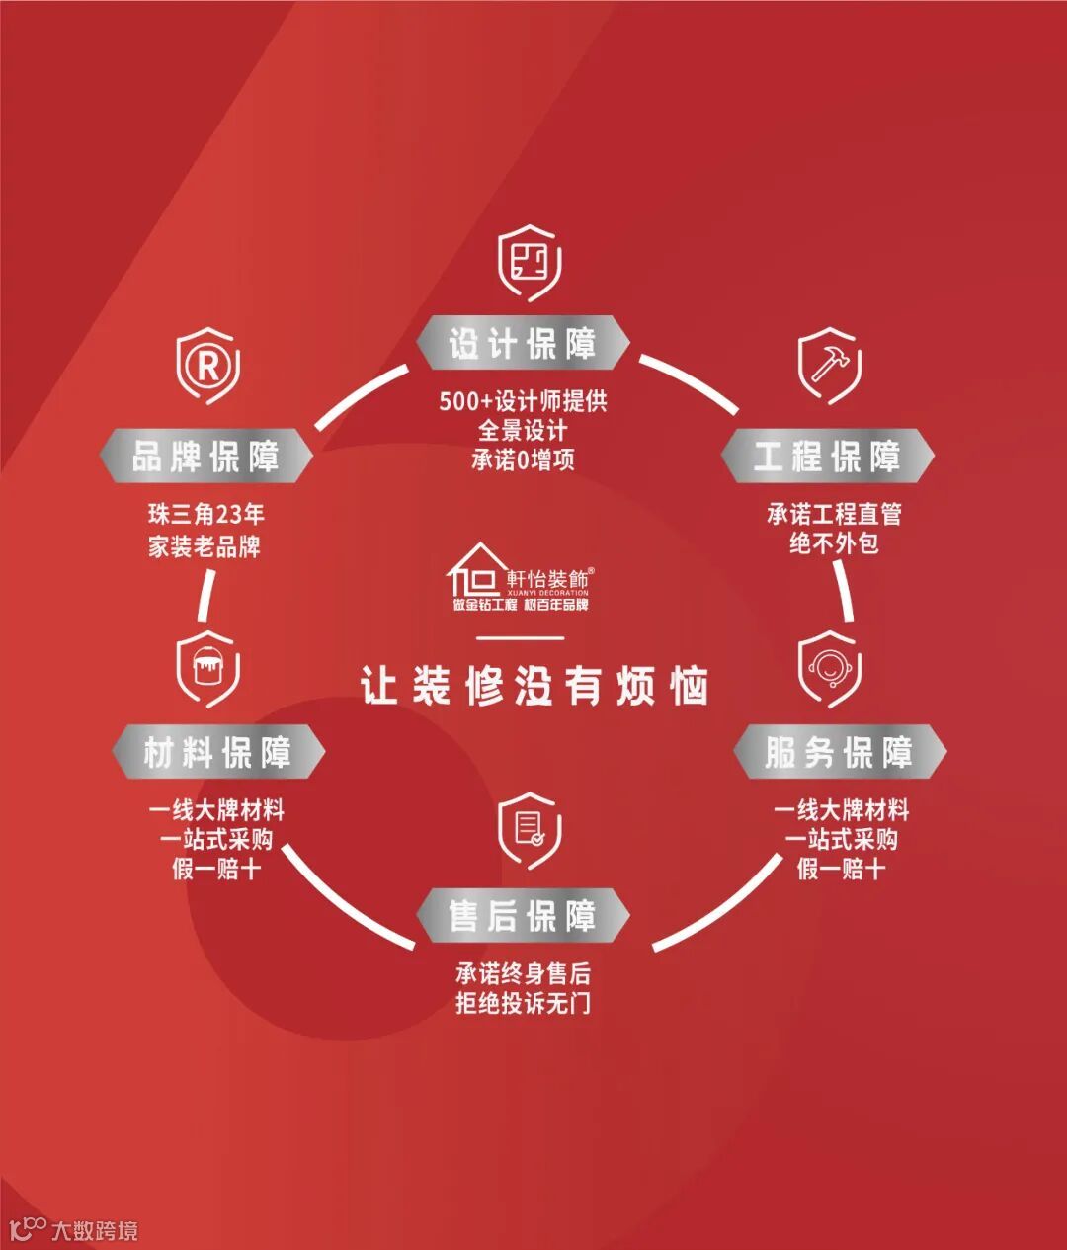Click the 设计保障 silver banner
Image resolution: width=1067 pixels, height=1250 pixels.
(523, 344)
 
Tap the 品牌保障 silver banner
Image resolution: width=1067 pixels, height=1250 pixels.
(205, 457)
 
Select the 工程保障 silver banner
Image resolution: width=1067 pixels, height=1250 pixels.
(827, 457)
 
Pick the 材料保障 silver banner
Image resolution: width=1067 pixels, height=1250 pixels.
(217, 753)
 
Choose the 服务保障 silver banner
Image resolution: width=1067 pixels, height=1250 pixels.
(839, 753)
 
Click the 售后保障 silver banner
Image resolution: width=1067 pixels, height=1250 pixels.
(523, 916)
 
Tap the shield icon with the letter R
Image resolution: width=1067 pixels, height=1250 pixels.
(207, 368)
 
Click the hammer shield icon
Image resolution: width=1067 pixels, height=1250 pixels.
(828, 366)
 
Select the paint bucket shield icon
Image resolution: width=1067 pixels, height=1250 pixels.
(207, 667)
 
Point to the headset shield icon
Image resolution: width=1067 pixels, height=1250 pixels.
(829, 667)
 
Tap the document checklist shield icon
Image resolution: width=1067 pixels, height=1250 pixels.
(530, 828)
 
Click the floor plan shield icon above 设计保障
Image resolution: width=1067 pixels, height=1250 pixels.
(530, 263)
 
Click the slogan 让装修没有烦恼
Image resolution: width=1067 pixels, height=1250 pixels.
(533, 686)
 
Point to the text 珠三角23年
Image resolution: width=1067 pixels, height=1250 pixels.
(206, 514)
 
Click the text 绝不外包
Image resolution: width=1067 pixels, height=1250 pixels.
(834, 543)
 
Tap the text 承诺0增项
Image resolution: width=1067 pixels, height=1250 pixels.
(523, 459)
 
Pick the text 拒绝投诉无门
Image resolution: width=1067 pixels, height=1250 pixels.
(523, 1003)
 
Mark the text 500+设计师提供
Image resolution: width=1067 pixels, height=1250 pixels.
(523, 401)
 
